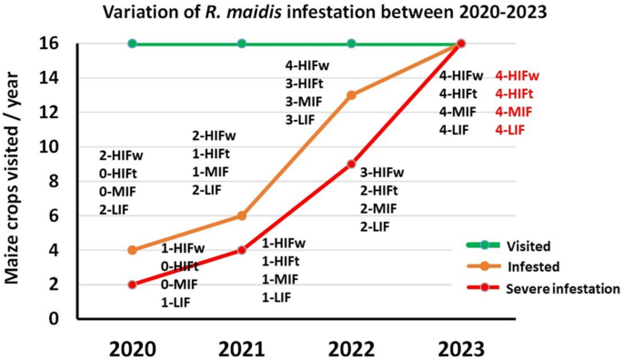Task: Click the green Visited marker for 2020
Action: tap(133, 44)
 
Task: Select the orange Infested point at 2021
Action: tap(242, 215)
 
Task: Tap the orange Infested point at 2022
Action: tap(351, 95)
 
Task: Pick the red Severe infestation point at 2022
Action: tap(351, 164)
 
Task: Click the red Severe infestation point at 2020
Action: tap(133, 285)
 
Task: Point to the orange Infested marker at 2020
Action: tap(133, 250)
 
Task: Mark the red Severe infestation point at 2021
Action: tap(242, 250)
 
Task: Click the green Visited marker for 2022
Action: tap(351, 44)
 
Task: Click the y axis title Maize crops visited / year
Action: tap(16, 182)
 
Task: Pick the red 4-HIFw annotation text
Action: tap(517, 76)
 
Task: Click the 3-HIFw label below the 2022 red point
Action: tap(381, 173)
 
